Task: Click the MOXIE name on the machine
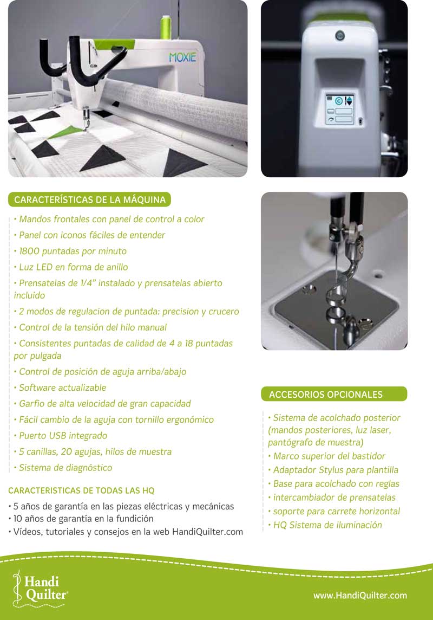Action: pos(182,57)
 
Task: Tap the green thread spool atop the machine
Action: pos(166,27)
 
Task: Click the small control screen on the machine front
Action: pos(339,109)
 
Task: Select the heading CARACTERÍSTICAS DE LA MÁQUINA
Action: pos(90,199)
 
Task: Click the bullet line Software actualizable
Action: pos(62,387)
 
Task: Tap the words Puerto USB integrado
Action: pos(63,436)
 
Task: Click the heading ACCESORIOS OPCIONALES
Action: pos(326,395)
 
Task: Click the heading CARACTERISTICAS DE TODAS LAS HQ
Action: pos(81,490)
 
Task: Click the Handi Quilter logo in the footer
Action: pos(40,589)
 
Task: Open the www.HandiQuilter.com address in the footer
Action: pos(360,596)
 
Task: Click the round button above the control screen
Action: pos(339,36)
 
